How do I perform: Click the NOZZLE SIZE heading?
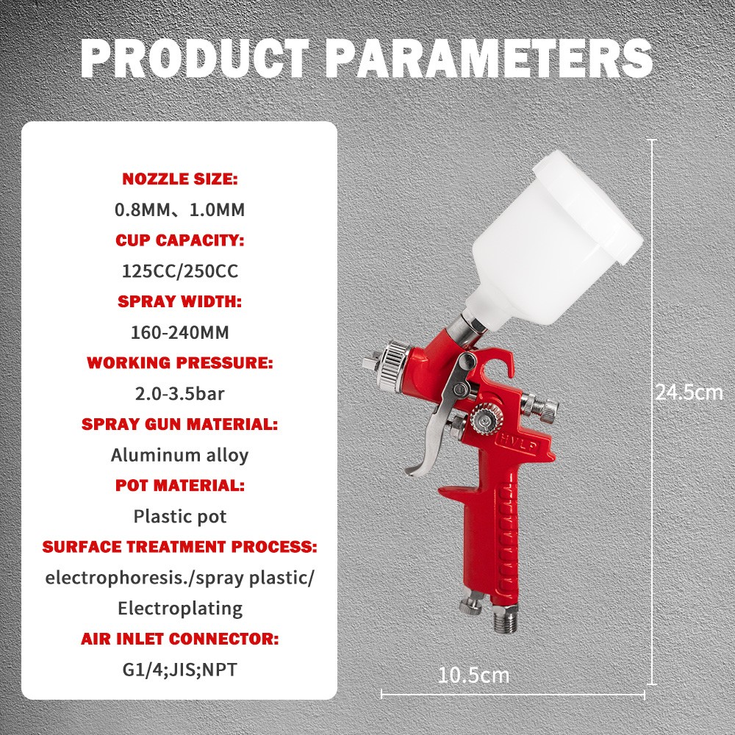click(x=179, y=179)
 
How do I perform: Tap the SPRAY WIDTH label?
click(x=179, y=301)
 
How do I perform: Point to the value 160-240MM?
click(x=179, y=332)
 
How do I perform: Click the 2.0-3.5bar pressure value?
click(x=179, y=393)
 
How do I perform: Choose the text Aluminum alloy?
click(x=179, y=455)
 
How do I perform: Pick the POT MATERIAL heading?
click(x=179, y=485)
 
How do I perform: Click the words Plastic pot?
click(x=179, y=516)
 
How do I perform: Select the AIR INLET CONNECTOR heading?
click(x=179, y=639)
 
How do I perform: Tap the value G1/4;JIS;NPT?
click(x=179, y=670)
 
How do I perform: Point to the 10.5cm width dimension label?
click(x=473, y=674)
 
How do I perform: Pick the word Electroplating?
click(x=179, y=608)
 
